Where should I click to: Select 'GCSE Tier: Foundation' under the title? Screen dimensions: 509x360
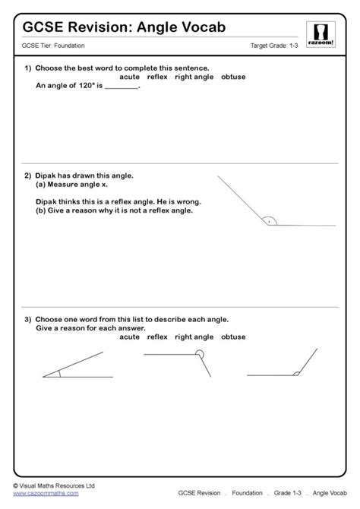pos(54,46)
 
